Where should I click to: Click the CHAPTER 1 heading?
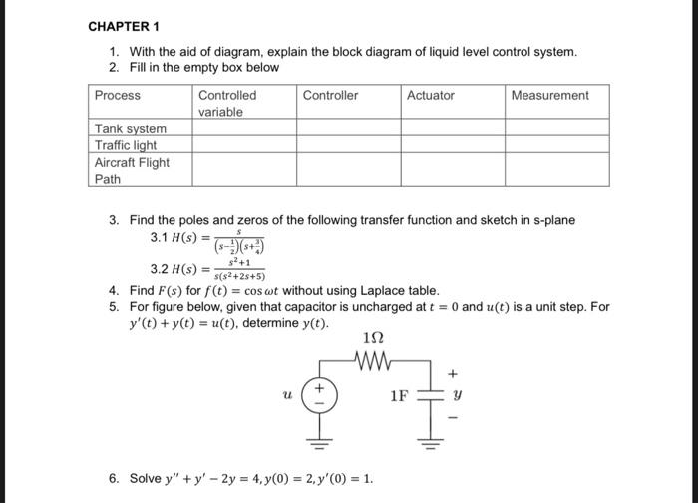pos(124,25)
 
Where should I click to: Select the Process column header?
pos(118,96)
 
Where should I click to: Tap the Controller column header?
pos(330,96)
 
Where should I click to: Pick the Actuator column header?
pos(431,96)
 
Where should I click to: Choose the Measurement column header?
pos(549,96)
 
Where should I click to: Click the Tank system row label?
pos(131,129)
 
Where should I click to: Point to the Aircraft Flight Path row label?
pos(132,170)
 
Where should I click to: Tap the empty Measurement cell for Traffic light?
pos(556,145)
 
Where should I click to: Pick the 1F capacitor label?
pos(399,396)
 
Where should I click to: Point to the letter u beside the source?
pos(287,395)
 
